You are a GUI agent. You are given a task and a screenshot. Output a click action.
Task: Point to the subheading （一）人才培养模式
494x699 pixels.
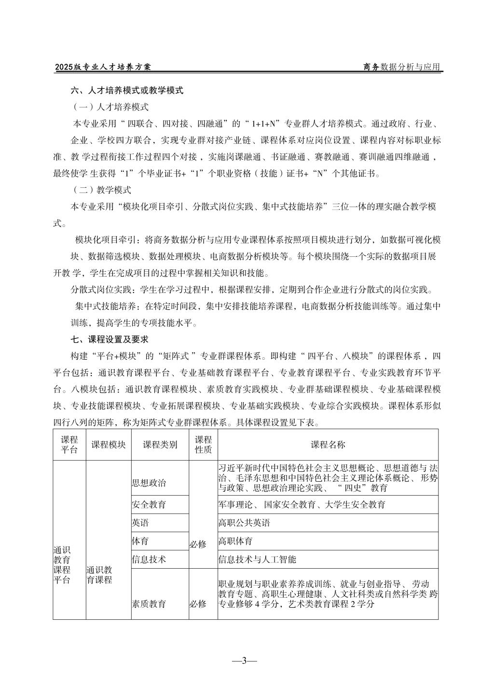pos(110,107)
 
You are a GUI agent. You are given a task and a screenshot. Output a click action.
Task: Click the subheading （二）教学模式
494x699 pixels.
pos(101,190)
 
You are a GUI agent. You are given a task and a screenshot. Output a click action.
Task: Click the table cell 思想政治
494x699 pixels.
pos(149,483)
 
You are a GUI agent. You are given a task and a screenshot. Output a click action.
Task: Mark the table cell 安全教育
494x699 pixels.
pos(149,504)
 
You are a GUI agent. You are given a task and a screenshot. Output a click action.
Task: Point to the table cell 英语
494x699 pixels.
pos(140,523)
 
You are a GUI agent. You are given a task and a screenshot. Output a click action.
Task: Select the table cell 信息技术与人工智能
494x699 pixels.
pos(257,559)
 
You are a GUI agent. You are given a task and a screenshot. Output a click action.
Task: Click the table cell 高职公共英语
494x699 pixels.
pos(244,523)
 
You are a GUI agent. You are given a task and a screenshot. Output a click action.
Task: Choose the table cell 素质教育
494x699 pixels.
pos(149,603)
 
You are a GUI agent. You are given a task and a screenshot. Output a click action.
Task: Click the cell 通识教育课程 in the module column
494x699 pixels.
pos(100,574)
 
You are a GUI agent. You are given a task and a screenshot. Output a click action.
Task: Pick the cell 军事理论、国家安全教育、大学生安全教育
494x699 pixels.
pos(302,504)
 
